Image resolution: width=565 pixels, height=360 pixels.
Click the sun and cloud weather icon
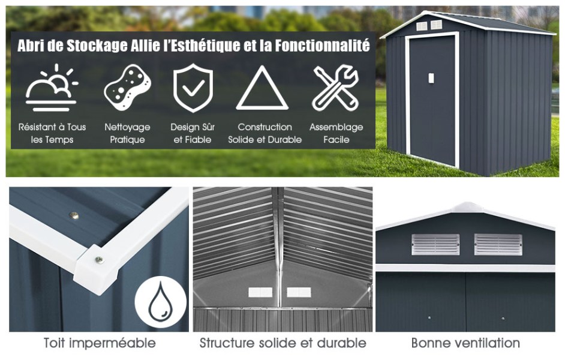51,88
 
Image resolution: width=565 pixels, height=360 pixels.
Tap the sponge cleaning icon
128,87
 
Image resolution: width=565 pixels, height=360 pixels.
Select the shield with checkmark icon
193,88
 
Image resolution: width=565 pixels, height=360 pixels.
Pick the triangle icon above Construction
262,88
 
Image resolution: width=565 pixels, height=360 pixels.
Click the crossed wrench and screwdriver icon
336,88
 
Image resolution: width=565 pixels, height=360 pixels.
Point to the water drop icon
161,302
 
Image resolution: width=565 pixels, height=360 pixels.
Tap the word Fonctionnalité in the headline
322,46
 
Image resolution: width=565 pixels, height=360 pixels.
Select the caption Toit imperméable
100,343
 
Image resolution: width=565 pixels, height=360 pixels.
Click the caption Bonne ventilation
465,343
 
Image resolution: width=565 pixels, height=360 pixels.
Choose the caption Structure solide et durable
283,343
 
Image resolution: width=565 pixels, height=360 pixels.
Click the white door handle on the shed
431,78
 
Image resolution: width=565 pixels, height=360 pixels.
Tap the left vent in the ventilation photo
435,245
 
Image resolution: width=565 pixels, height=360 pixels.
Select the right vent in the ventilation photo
498,245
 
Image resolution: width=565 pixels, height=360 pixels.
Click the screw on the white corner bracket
98,259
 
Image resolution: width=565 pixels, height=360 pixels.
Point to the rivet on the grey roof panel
74,216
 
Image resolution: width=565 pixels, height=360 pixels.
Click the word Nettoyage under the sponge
128,127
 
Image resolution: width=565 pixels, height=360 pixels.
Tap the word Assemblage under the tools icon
336,127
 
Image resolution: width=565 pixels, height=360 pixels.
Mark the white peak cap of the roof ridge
467,207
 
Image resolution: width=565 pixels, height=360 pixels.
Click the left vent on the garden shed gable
422,26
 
